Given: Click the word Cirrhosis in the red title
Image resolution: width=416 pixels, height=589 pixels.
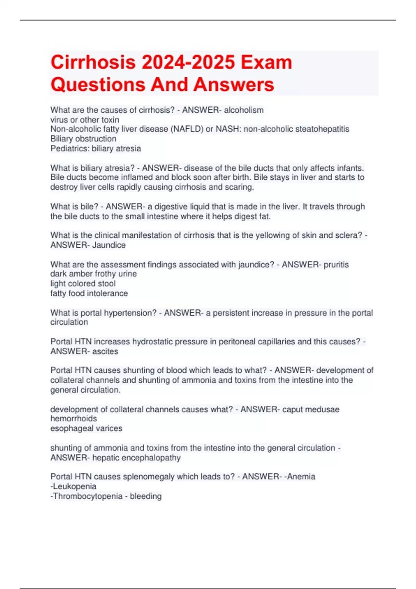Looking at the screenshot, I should tap(93, 63).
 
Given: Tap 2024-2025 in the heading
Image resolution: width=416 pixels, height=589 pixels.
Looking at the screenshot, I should tap(188, 63).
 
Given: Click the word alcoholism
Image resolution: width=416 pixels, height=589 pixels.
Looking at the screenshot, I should tap(244, 110).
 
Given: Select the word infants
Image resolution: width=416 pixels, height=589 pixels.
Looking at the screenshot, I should tap(350, 168).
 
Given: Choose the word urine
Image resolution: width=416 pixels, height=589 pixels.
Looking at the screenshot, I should tap(127, 274).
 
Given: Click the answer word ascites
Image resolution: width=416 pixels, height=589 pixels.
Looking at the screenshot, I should tap(105, 351).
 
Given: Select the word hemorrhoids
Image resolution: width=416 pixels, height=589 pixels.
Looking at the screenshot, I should tap(73, 419).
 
